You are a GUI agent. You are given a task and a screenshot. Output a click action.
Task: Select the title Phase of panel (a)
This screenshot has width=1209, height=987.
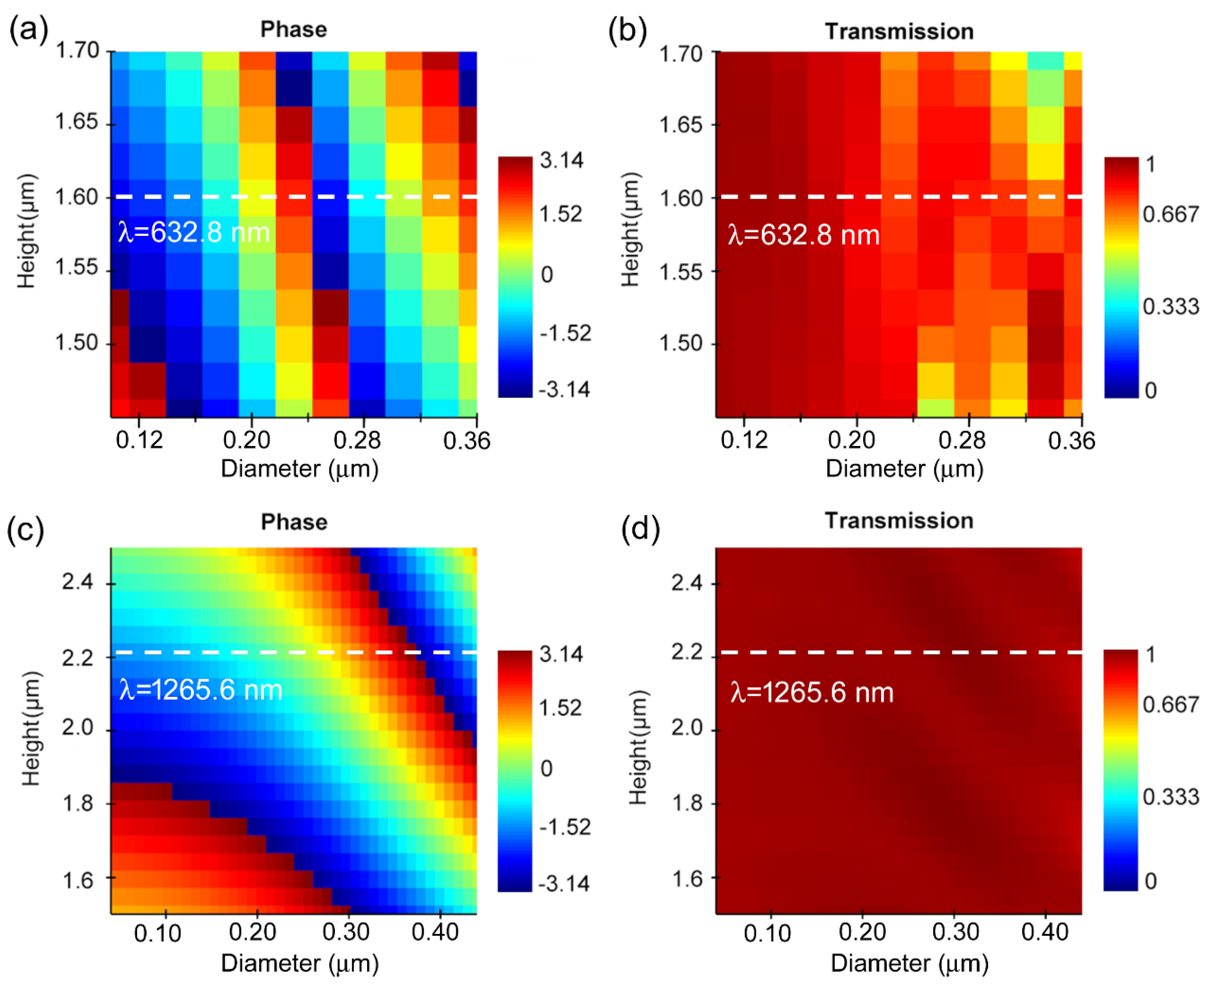coord(293,29)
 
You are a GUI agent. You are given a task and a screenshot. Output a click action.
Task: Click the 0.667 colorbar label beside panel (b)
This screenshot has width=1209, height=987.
coord(1171,214)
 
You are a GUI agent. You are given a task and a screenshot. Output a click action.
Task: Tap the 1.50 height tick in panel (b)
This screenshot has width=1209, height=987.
coord(681,344)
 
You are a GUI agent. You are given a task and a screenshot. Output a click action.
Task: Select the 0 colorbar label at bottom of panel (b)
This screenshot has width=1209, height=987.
coord(1150,390)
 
